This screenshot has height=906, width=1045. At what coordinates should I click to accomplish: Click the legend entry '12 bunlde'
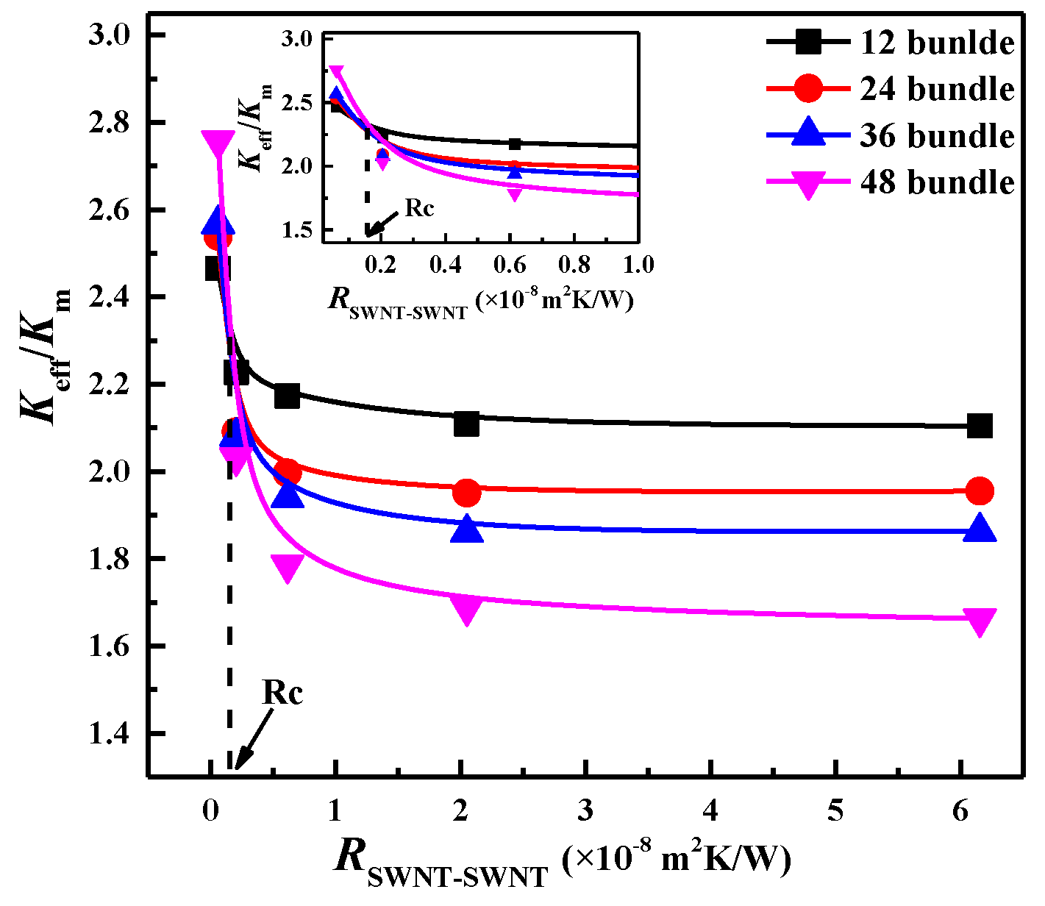coord(936,43)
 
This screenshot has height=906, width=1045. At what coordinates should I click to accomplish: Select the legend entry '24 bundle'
coord(936,89)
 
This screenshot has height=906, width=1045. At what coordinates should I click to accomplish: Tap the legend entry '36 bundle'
coord(936,136)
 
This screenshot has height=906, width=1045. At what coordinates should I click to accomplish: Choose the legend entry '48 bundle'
coord(936,182)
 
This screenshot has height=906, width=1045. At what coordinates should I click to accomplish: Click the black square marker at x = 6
coord(980,426)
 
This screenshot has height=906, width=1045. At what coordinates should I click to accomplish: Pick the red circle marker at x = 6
coord(980,491)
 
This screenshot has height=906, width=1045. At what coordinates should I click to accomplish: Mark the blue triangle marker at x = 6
coord(980,528)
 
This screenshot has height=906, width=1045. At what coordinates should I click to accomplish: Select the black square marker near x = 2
coord(466,424)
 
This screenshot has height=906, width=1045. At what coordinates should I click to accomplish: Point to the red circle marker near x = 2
coord(466,493)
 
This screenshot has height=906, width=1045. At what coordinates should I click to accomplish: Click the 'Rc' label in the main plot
coord(282,693)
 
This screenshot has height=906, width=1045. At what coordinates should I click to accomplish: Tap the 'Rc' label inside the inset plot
coord(419,208)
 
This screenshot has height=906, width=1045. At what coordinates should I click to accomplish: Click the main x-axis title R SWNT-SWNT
coord(563,861)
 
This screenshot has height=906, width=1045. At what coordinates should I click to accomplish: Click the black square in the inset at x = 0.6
coord(515,144)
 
